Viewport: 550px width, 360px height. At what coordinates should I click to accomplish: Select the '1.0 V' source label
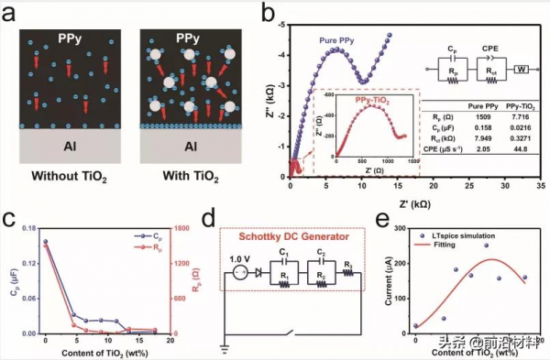[237, 257]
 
